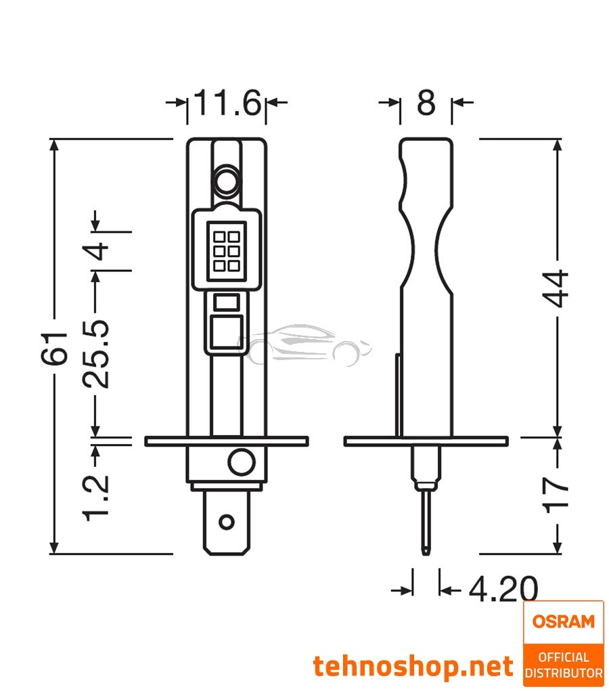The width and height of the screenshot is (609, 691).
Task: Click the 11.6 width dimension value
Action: tap(226, 103)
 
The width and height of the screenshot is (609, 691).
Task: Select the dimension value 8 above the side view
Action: tap(426, 103)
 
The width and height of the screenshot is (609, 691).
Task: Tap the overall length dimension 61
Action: tap(60, 348)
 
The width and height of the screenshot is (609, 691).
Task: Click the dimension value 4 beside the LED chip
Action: tap(99, 250)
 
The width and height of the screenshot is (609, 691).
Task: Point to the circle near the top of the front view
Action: tap(226, 179)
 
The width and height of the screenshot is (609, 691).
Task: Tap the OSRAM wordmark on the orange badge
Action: tap(563, 621)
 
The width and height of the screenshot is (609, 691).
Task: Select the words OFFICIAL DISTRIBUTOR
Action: tap(563, 665)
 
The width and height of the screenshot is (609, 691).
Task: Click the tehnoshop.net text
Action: tap(413, 667)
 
